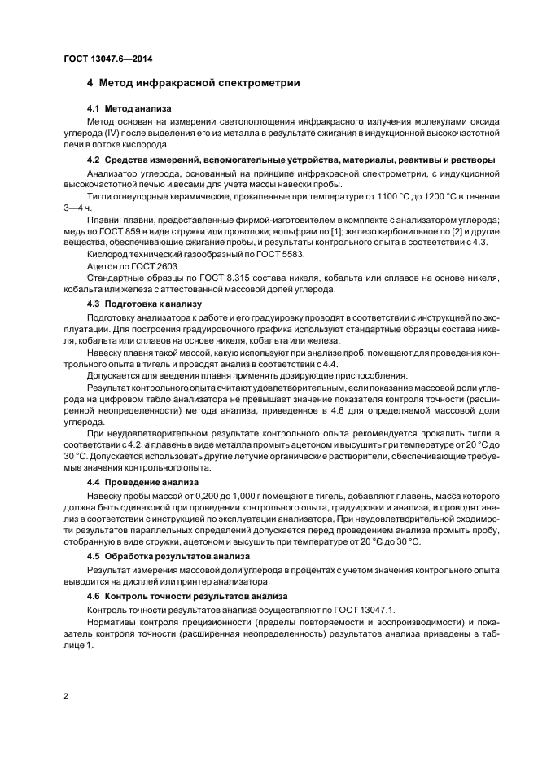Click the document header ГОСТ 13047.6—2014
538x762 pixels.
[x=107, y=59]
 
